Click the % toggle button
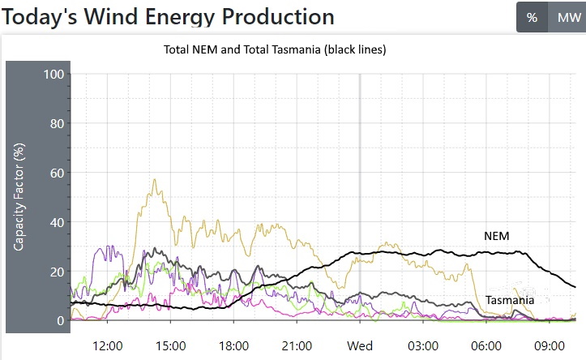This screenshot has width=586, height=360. pos(532,17)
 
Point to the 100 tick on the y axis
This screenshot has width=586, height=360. pos(53,75)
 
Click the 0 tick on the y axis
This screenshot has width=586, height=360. pos(59,321)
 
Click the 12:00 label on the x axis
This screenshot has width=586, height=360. pos(108,346)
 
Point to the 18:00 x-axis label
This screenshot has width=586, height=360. pos(234,346)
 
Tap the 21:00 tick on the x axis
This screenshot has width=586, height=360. pos(297,346)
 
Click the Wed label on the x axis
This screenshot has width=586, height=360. pos(360,346)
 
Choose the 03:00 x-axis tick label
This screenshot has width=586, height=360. pos(423,346)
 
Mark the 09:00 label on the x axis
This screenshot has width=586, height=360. pos(550,346)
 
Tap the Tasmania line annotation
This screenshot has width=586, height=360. pos(510,300)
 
